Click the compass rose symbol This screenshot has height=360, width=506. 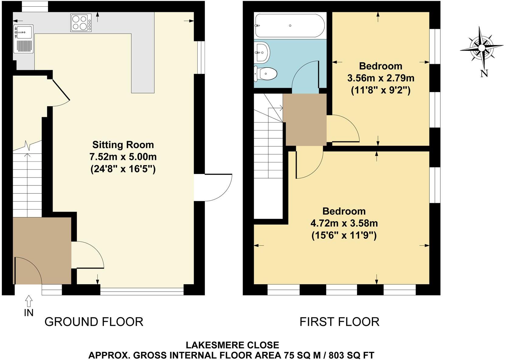[481, 48]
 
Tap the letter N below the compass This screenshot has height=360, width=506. [484, 73]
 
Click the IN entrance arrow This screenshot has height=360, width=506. [29, 301]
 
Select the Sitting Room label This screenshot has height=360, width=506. [123, 144]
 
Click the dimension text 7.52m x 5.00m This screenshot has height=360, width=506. [123, 157]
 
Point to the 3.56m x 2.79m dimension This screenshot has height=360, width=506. [381, 78]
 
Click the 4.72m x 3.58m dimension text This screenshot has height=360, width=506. [344, 223]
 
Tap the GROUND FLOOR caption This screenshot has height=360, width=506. [94, 322]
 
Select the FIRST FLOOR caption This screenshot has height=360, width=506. [339, 322]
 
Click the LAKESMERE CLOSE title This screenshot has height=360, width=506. [232, 345]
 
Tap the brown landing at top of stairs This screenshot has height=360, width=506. [305, 120]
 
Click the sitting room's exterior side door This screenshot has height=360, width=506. [217, 188]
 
